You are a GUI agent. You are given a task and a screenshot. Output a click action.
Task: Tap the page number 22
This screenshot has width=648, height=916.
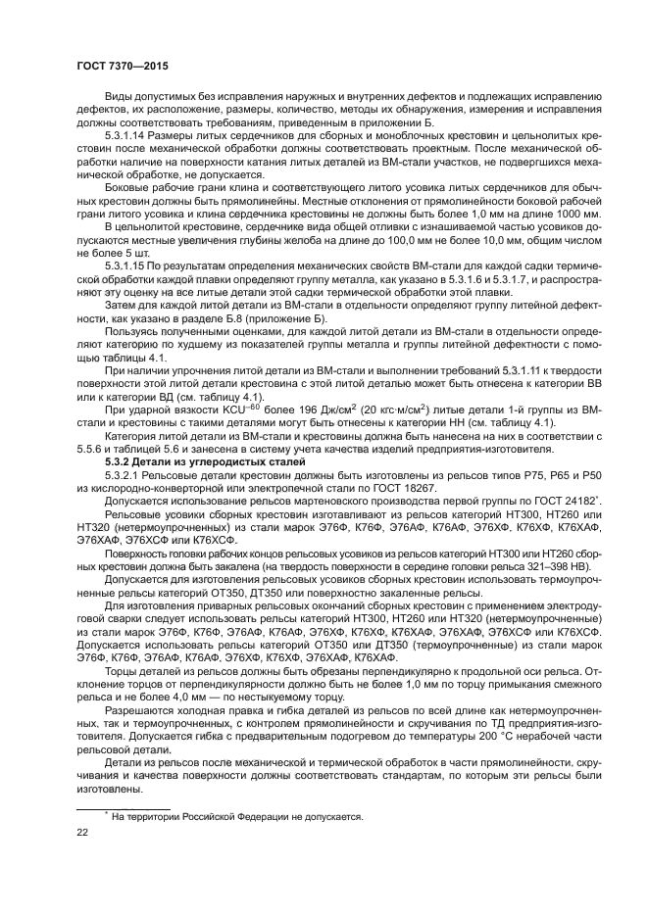[82, 833]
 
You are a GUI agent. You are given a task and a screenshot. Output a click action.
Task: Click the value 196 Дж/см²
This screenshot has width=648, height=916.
[268, 409]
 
